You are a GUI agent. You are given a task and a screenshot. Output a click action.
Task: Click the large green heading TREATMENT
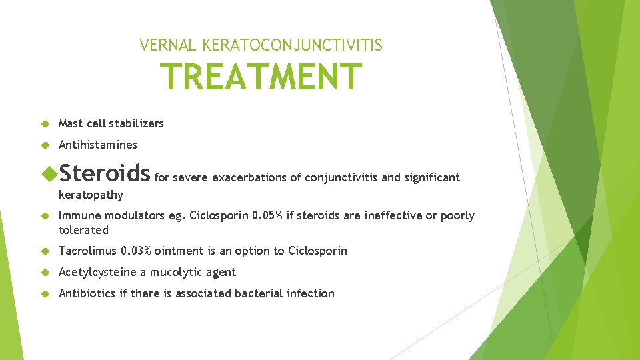point(261,77)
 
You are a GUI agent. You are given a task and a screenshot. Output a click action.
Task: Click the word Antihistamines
point(98,145)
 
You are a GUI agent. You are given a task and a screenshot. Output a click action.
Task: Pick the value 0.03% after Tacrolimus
point(136,251)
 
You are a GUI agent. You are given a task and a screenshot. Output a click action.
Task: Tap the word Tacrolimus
point(88,251)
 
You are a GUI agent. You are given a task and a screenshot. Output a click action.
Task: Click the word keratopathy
point(91,195)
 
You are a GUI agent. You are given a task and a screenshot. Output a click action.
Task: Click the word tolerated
point(83,230)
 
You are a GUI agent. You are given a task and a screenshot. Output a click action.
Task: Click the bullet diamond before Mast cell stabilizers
point(45,123)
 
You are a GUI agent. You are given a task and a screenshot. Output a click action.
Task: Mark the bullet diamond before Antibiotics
point(45,293)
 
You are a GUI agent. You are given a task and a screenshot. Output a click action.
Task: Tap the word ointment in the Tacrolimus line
point(179,251)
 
